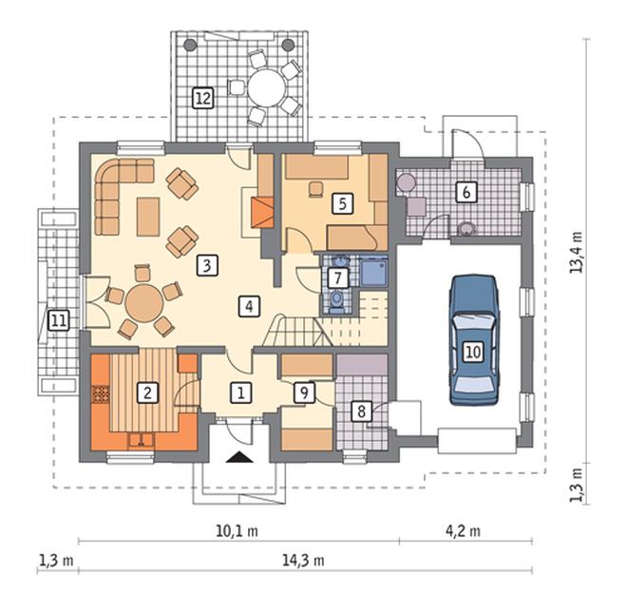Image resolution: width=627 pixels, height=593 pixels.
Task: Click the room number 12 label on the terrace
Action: tap(202, 98)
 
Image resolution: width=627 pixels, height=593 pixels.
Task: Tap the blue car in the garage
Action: tap(474, 340)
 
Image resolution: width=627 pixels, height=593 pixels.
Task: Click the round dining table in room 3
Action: tap(144, 302)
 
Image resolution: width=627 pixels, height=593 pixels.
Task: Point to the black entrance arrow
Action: tap(239, 457)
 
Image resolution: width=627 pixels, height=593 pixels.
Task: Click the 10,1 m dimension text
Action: tap(237, 531)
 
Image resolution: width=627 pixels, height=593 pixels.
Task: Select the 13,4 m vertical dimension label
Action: tap(577, 253)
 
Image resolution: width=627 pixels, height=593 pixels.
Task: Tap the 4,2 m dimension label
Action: tap(463, 531)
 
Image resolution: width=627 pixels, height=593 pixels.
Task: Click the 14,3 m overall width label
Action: tap(303, 560)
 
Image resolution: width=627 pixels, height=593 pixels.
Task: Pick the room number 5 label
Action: tap(342, 203)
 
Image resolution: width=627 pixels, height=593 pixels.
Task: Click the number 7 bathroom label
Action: tap(338, 277)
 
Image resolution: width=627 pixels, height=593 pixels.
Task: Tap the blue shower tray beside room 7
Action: tap(373, 272)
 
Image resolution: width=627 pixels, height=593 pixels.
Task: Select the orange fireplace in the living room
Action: tap(262, 212)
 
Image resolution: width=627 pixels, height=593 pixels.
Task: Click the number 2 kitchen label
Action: tap(147, 392)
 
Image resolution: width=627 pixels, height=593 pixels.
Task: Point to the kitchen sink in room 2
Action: tap(142, 441)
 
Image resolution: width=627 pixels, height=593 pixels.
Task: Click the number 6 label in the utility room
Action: tap(466, 192)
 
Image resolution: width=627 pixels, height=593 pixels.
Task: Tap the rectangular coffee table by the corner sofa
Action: tap(148, 217)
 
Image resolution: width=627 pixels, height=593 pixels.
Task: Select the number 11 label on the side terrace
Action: tap(58, 320)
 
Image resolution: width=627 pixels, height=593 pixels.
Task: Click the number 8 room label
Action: tap(362, 411)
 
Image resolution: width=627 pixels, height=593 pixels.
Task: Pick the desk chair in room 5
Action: tap(316, 189)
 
